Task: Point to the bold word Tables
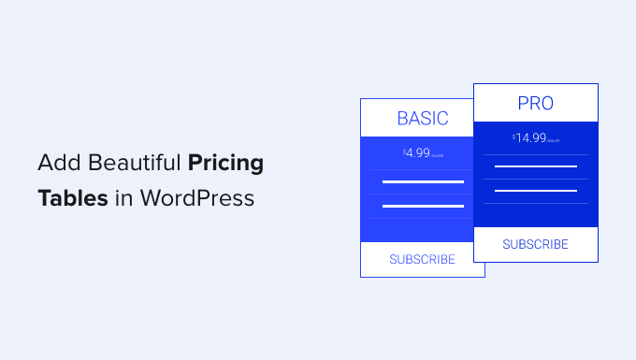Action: point(72,198)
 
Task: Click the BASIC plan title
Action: point(423,119)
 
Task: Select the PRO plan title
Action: point(535,103)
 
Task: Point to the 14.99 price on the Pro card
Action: point(530,137)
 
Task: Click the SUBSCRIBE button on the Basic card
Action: point(423,259)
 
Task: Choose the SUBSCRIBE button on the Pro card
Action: point(535,244)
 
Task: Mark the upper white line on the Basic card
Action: point(423,181)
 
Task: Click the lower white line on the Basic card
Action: point(423,205)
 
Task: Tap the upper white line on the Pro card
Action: point(535,166)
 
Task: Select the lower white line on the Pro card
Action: point(535,190)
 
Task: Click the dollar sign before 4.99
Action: point(405,150)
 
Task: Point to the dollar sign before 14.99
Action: point(514,136)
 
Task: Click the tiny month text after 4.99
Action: point(438,155)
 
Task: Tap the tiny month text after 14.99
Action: point(554,140)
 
